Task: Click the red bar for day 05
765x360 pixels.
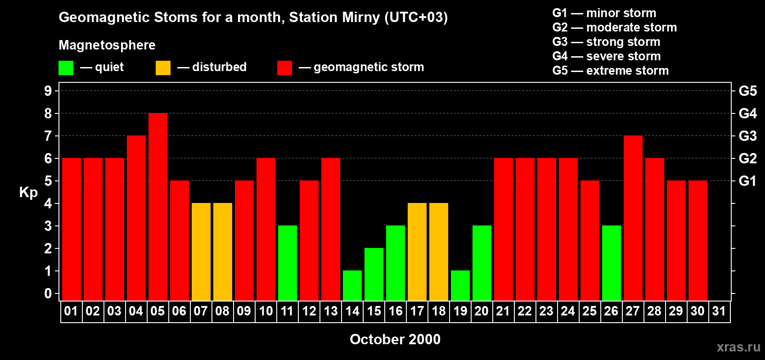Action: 158,207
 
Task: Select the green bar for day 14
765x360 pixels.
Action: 352,285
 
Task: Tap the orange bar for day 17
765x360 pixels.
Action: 417,252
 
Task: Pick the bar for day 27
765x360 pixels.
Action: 633,218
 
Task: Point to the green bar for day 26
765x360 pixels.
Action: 612,263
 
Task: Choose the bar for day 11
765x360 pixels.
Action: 288,263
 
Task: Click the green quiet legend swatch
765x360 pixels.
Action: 66,68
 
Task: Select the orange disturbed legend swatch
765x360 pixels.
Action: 163,68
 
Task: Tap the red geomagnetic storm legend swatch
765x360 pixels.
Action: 285,68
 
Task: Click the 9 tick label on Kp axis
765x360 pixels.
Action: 48,91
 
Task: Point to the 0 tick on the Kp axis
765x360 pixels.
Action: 48,294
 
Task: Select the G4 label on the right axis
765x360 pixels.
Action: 747,113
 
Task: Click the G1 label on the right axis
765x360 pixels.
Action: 747,181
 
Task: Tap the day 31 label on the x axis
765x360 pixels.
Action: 719,311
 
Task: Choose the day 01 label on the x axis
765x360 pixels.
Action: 71,311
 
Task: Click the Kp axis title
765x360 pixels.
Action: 28,193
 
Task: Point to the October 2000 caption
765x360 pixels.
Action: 395,339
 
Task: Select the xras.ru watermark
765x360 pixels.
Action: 738,347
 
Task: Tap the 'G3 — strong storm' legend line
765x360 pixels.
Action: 606,42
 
